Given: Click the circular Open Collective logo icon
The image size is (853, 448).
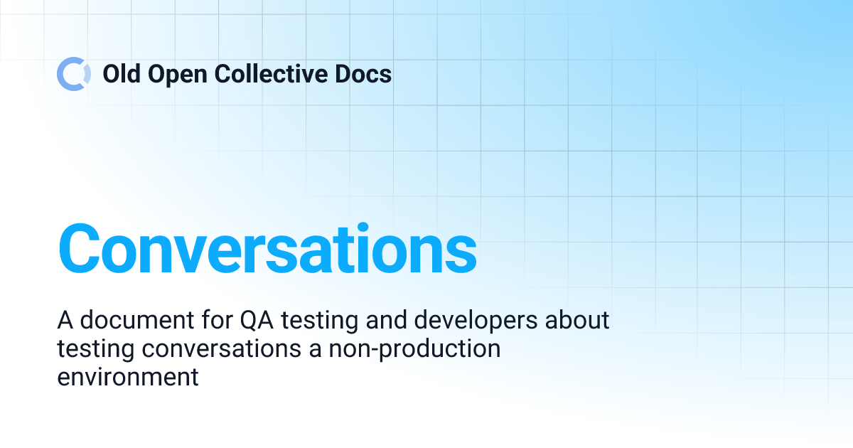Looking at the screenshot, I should click(x=74, y=73).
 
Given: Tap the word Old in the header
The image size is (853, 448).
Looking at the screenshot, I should click(x=121, y=73).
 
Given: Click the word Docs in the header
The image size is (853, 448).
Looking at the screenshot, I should click(x=364, y=73).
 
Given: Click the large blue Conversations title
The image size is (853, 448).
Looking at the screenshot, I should click(x=267, y=248).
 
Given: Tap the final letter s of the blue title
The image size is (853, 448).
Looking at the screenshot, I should click(x=461, y=250).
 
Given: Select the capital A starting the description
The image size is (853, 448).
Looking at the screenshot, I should click(x=65, y=320).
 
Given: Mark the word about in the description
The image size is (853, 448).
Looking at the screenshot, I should click(x=579, y=320).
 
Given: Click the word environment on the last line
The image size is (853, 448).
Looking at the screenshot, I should click(x=128, y=377).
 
